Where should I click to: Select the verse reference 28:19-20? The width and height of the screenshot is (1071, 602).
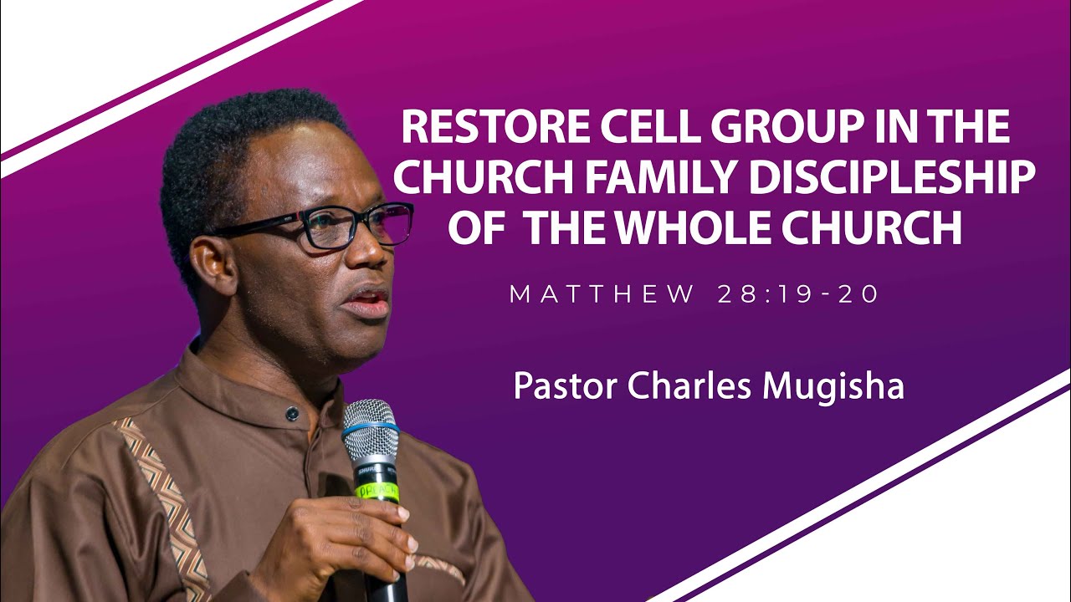point(798,294)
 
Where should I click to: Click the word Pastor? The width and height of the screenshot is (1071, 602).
point(562,386)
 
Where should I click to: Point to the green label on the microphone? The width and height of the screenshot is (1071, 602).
point(377,488)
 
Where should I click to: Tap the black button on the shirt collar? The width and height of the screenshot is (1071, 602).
point(291,413)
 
